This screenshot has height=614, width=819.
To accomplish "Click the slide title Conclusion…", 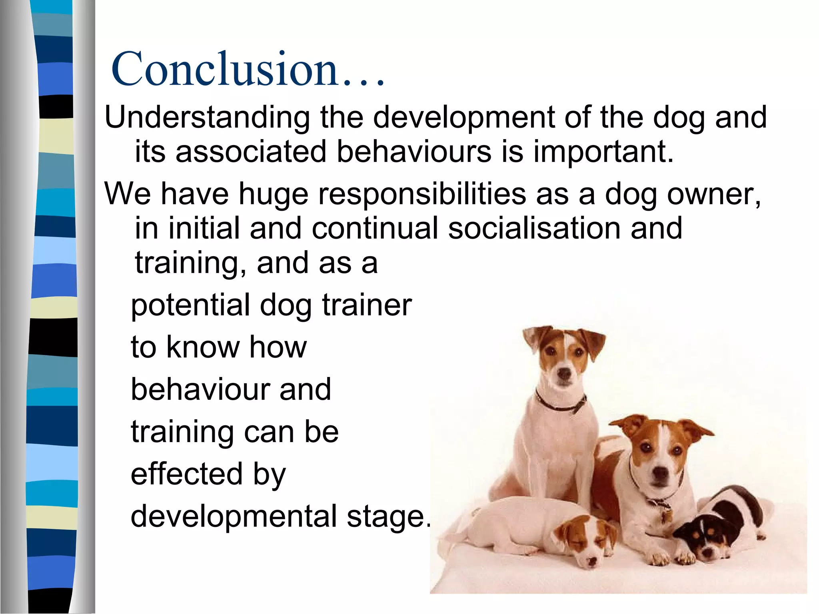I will point(248,69).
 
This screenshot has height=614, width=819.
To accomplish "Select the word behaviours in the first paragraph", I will point(413,152).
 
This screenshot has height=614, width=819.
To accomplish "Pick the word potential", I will point(190,305).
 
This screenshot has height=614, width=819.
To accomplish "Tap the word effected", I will point(186,474).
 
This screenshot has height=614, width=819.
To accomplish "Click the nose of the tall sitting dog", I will point(564,374).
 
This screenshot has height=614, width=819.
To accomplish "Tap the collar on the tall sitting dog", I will point(560,404).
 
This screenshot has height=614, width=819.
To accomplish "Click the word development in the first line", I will point(464,118).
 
